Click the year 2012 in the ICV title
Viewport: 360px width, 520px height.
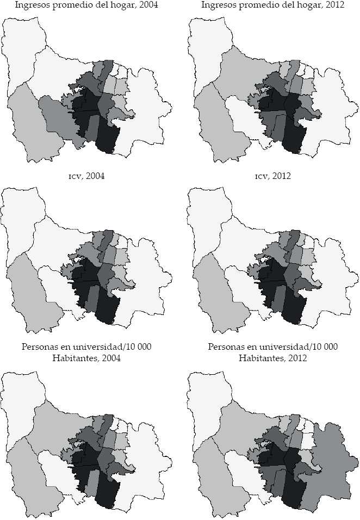282,176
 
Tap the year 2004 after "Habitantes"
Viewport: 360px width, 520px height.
110,358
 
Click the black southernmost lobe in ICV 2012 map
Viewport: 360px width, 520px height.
294,310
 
